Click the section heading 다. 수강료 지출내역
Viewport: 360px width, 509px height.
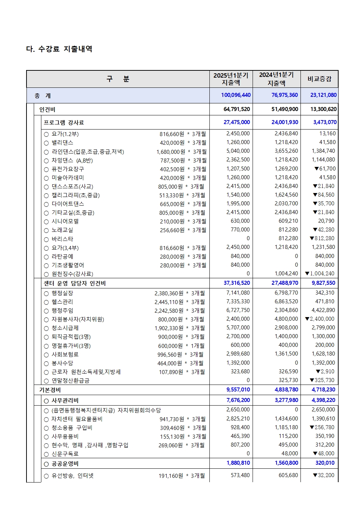tap(59, 49)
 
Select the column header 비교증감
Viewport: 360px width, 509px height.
tap(319, 79)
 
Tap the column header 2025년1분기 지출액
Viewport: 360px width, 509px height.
tap(231, 79)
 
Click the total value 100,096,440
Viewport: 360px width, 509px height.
tap(236, 95)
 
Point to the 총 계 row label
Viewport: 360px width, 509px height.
tap(43, 96)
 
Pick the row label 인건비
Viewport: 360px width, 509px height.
tap(47, 110)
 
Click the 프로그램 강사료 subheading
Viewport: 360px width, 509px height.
tap(64, 123)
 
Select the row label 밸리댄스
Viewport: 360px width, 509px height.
tap(62, 143)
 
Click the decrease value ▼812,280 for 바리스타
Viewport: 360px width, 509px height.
tap(322, 238)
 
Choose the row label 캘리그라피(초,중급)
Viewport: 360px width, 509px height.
tap(75, 195)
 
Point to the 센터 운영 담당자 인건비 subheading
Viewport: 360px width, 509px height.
tap(75, 283)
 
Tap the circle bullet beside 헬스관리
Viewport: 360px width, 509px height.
tap(46, 302)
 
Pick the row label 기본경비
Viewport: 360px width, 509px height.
tap(50, 390)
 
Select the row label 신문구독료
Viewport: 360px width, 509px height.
tap(65, 454)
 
